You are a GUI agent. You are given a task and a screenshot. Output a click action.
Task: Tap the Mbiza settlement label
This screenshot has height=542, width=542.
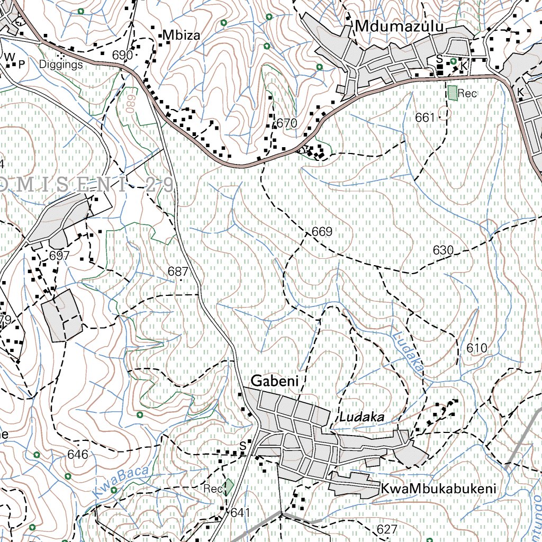pyautogui.click(x=182, y=35)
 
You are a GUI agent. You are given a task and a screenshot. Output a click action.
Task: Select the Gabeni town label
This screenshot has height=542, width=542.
pyautogui.click(x=275, y=381)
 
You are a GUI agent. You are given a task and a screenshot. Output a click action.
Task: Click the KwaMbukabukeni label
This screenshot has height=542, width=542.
pyautogui.click(x=439, y=489)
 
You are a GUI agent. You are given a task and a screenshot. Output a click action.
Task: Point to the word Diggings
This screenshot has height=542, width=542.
pyautogui.click(x=61, y=65)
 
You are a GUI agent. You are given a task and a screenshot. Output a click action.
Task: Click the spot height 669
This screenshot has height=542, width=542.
pyautogui.click(x=322, y=232)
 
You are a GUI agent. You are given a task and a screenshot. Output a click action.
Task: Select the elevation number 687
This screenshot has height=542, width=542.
pyautogui.click(x=178, y=271)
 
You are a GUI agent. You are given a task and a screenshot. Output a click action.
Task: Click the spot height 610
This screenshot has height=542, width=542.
pyautogui.click(x=476, y=348)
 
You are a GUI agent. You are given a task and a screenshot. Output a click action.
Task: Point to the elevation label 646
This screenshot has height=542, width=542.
pyautogui.click(x=78, y=454)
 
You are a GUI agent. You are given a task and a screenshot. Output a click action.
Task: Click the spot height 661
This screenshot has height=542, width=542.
pyautogui.click(x=425, y=118)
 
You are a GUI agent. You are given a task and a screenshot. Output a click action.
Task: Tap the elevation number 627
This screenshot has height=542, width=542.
pyautogui.click(x=387, y=529)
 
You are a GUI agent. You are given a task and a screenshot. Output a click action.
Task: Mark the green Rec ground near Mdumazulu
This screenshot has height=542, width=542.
pyautogui.click(x=452, y=93)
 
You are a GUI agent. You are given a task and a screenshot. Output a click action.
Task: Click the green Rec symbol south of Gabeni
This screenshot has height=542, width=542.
pyautogui.click(x=229, y=487)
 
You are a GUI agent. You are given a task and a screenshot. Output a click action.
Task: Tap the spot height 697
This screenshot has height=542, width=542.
pyautogui.click(x=59, y=256)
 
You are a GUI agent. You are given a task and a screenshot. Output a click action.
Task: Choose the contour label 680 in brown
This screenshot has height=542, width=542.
pyautogui.click(x=129, y=104)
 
